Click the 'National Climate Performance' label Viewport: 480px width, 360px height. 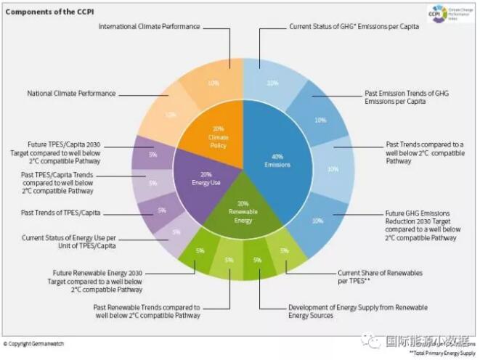(70, 94)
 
